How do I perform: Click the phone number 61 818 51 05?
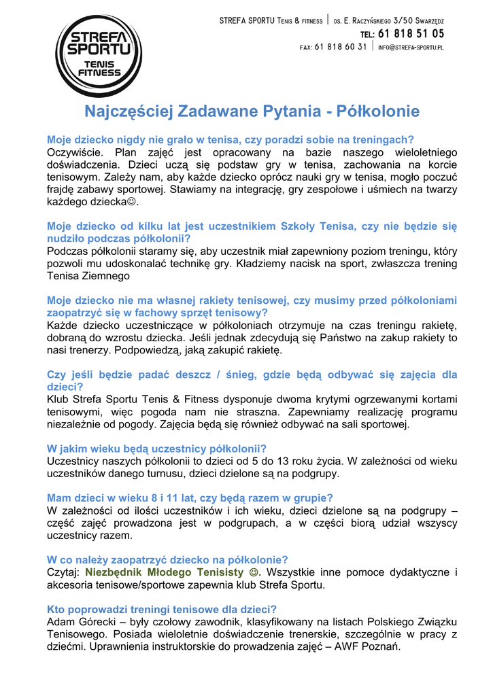point(411,33)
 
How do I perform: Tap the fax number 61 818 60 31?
point(341,48)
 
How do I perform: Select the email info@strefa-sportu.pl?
point(411,48)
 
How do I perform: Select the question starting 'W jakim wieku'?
point(156,449)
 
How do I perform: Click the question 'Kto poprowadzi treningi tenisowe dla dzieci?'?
point(162,609)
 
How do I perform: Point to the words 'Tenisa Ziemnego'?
point(88,276)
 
